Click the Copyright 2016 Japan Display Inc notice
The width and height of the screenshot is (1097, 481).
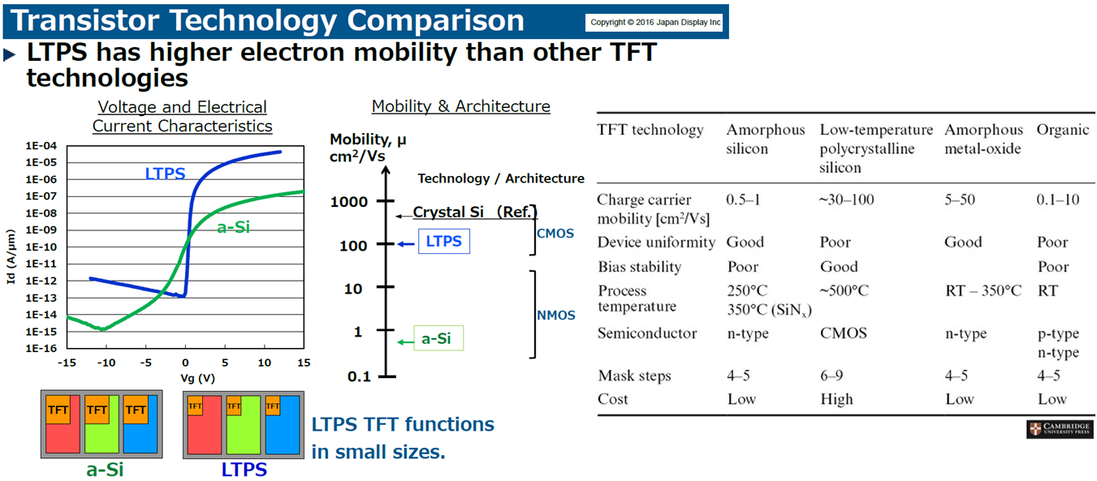[x=654, y=22]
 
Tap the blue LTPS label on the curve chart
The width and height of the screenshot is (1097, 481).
[x=165, y=174]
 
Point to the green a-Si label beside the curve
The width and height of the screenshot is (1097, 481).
[x=233, y=227]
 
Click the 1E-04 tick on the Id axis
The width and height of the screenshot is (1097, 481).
[x=41, y=146]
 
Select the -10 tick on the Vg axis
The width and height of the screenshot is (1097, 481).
[x=106, y=363]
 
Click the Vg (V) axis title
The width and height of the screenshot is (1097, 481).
[x=197, y=378]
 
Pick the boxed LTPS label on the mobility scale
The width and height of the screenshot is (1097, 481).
[x=443, y=241]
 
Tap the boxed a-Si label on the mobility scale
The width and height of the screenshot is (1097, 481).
[x=438, y=338]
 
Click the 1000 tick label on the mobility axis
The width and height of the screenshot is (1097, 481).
[x=348, y=202]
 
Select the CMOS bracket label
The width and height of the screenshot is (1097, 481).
[x=555, y=234]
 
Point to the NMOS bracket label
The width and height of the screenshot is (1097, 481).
[x=556, y=315]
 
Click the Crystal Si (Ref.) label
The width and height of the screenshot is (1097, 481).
[x=475, y=212]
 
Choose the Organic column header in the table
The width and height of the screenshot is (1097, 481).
[x=1063, y=130]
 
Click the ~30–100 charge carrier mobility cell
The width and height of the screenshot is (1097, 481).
[x=847, y=200]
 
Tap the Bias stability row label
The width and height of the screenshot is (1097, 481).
[x=640, y=267]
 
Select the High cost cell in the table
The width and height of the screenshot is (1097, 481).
[x=837, y=399]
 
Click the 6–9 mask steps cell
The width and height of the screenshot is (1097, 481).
[x=831, y=376]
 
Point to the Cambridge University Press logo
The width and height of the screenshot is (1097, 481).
[x=1060, y=429]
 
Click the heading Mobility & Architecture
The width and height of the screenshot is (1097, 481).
[x=461, y=106]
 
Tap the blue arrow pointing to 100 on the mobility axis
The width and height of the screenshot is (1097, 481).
[x=405, y=243]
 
